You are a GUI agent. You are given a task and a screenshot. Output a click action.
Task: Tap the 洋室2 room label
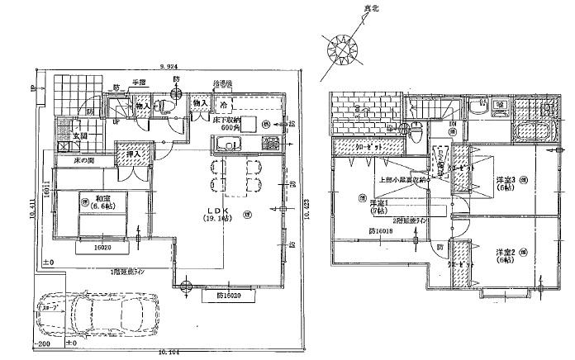tap(506, 254)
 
